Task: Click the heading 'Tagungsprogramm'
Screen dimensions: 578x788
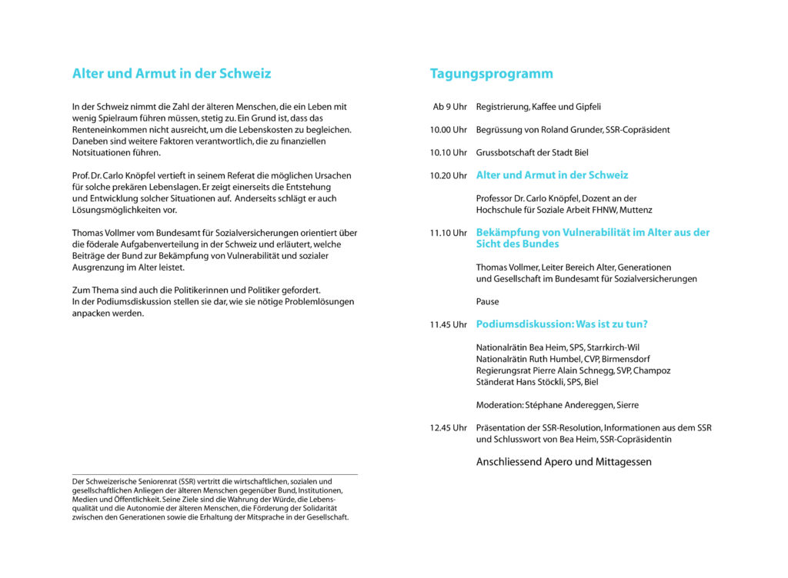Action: pos(491,74)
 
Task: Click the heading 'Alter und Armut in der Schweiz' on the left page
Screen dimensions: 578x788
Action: pos(172,74)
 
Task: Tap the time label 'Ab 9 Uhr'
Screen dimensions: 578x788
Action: pos(449,107)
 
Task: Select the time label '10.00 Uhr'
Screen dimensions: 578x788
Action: pos(448,130)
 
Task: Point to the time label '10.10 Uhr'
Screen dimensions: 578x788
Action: pos(448,153)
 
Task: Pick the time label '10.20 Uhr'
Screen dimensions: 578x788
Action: pos(448,176)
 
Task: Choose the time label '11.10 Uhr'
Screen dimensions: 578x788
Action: pos(448,233)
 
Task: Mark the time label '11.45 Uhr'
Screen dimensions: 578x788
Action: pos(448,325)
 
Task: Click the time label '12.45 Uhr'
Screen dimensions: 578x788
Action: pos(448,428)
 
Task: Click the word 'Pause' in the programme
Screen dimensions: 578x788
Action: pos(487,302)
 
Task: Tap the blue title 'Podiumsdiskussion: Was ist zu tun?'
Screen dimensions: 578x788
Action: pos(562,324)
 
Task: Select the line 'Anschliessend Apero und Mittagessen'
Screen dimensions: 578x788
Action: pos(563,462)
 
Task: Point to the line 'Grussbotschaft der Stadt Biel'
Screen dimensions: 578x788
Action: pos(532,153)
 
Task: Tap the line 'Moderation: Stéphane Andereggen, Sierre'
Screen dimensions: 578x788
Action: pos(557,405)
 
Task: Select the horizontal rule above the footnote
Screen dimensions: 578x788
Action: pos(215,474)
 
